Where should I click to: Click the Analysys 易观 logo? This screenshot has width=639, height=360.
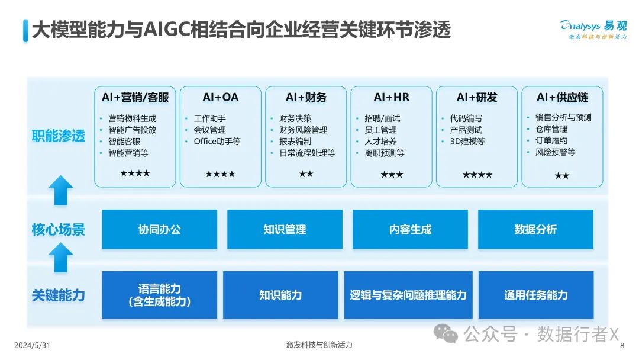(x=594, y=30)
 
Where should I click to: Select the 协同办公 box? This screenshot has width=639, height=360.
(x=159, y=229)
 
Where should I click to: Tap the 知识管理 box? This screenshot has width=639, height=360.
(x=285, y=229)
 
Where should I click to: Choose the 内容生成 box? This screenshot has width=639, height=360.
(x=410, y=229)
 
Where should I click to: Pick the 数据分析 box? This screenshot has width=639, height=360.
(x=535, y=229)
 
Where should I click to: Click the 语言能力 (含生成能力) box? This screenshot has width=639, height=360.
(x=159, y=295)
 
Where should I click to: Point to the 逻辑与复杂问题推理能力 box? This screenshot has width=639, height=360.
(x=408, y=295)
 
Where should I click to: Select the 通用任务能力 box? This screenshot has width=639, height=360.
(x=536, y=295)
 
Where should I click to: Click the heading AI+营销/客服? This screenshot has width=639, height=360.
(x=135, y=98)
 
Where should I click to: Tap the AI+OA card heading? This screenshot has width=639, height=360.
(x=221, y=98)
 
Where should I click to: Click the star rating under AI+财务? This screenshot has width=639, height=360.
(x=306, y=174)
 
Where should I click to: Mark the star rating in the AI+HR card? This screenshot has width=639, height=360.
(x=392, y=175)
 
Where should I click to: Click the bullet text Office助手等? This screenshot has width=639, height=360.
(x=217, y=142)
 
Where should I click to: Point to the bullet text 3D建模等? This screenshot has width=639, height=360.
(x=467, y=142)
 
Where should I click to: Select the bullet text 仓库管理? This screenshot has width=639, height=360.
(x=551, y=129)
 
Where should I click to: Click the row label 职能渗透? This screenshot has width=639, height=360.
(x=58, y=136)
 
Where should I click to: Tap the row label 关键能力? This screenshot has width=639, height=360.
(x=58, y=295)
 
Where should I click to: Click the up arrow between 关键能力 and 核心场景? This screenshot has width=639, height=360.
(x=61, y=258)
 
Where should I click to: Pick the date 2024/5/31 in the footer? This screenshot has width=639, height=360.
(x=32, y=345)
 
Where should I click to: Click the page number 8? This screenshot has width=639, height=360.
(x=622, y=346)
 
